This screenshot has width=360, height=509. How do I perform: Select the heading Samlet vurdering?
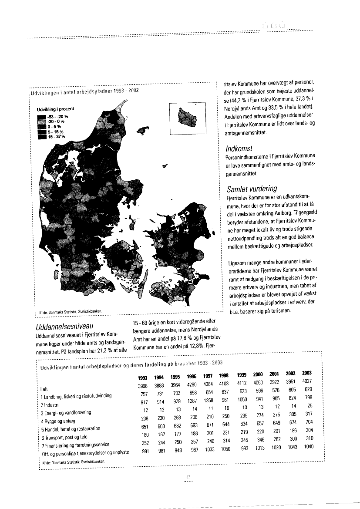click(252, 189)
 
